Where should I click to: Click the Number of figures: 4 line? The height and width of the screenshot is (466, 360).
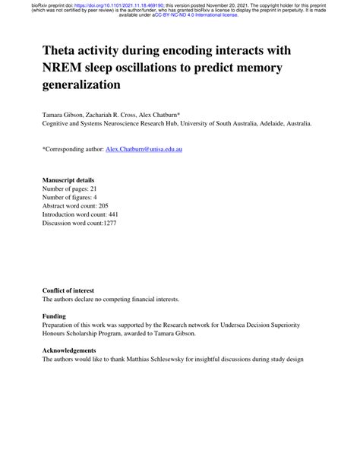pyautogui.click(x=71, y=197)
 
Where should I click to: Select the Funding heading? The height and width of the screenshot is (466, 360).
pyautogui.click(x=55, y=315)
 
